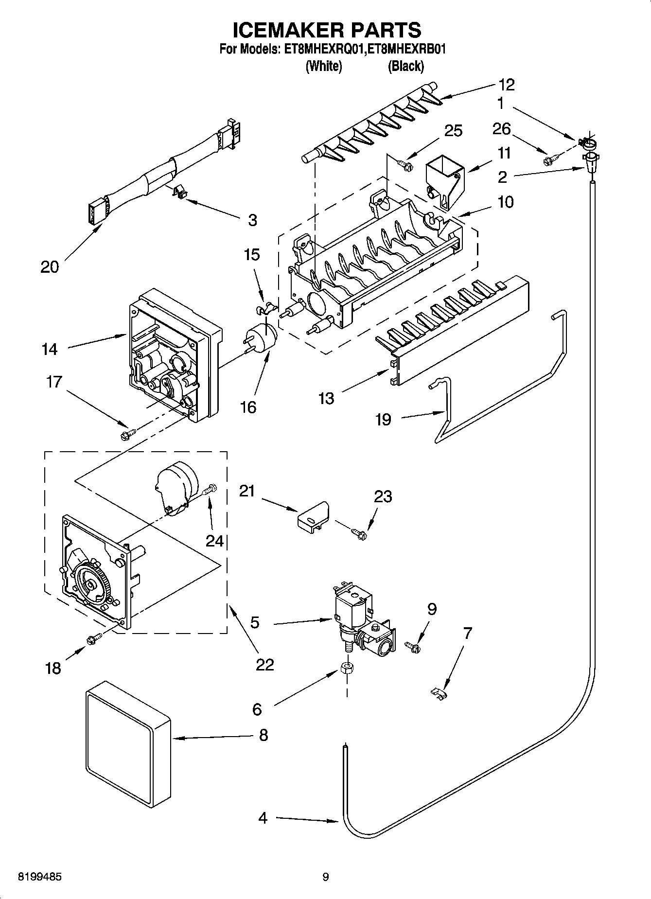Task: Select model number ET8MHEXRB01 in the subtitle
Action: [x=406, y=49]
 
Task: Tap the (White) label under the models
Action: [x=323, y=66]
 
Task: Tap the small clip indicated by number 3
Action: [x=179, y=192]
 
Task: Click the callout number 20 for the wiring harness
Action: [x=49, y=266]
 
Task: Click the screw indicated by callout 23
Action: [x=360, y=534]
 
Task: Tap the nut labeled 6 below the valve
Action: [x=347, y=668]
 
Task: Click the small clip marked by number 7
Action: [x=440, y=693]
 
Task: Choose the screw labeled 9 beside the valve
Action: [x=412, y=646]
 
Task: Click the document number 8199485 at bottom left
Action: [x=39, y=877]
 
